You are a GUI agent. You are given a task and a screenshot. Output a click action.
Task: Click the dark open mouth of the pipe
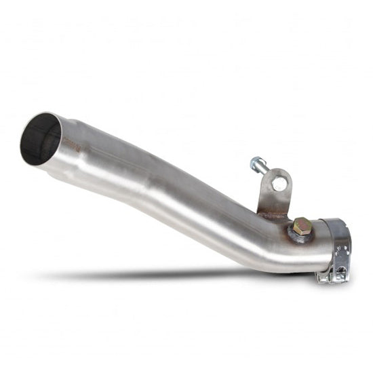[x=41, y=139]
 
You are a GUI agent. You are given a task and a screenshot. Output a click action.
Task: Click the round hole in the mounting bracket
[x=279, y=183]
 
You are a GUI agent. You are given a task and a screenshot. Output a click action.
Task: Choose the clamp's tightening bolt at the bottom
[x=339, y=271]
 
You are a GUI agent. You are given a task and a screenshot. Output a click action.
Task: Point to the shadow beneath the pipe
[x=170, y=275]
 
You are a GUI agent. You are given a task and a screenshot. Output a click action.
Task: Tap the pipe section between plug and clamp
[x=315, y=241]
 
